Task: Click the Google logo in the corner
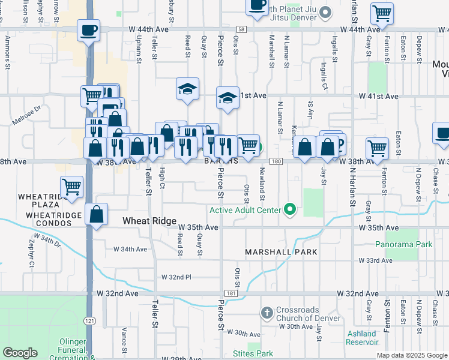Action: tap(20, 353)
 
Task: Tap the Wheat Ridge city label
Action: tap(149, 221)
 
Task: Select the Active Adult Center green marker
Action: tap(290, 210)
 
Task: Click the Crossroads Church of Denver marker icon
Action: tap(268, 313)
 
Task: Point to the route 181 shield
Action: tap(231, 293)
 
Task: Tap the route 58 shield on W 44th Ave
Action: tap(241, 29)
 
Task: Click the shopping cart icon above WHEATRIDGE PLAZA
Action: tap(71, 186)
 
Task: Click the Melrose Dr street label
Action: tap(29, 116)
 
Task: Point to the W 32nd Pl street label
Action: tap(176, 277)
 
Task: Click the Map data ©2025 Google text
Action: tap(411, 355)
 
